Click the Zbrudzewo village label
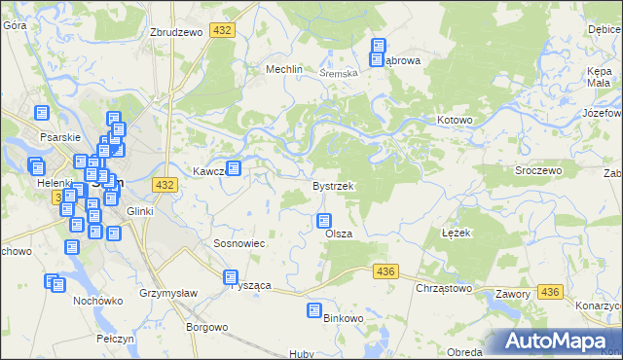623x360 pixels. click(175, 32)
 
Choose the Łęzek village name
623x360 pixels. click(456, 234)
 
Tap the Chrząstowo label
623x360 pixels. click(443, 288)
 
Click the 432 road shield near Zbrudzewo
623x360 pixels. click(223, 32)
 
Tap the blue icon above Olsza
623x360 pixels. click(324, 221)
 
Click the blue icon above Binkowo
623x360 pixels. click(314, 310)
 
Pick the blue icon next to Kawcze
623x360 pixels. click(234, 168)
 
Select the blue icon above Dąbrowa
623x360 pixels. click(379, 46)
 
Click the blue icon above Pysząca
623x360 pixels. click(231, 277)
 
